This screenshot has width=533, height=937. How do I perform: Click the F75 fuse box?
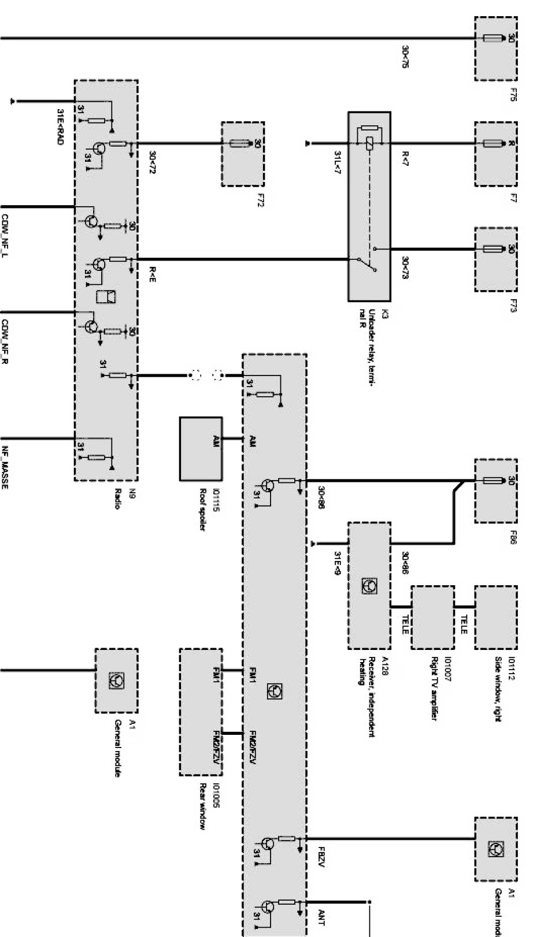point(495,49)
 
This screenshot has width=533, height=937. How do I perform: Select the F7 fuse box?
point(495,154)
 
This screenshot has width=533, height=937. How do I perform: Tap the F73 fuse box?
point(495,258)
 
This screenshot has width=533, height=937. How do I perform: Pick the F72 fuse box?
point(243,154)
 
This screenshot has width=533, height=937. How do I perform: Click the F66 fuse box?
point(495,490)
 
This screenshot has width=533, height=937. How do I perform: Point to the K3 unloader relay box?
point(369,206)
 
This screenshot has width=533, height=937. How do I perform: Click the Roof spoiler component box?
point(201,448)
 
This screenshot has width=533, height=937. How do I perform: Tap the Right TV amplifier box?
point(432,618)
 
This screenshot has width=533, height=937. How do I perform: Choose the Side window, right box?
point(495,618)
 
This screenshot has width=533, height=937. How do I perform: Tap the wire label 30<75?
point(405,57)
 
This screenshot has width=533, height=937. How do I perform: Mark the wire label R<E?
point(153,274)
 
